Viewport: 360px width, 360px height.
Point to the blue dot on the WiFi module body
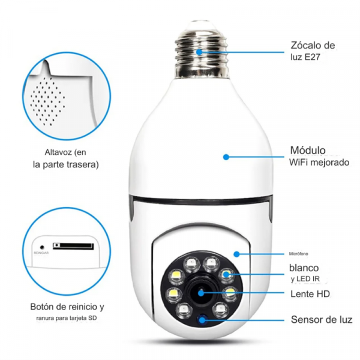(x=226, y=157)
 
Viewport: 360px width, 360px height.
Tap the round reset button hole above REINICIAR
(x=41, y=245)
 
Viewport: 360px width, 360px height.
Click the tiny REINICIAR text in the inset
(x=41, y=253)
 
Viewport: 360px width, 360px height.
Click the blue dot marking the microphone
(x=236, y=254)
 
